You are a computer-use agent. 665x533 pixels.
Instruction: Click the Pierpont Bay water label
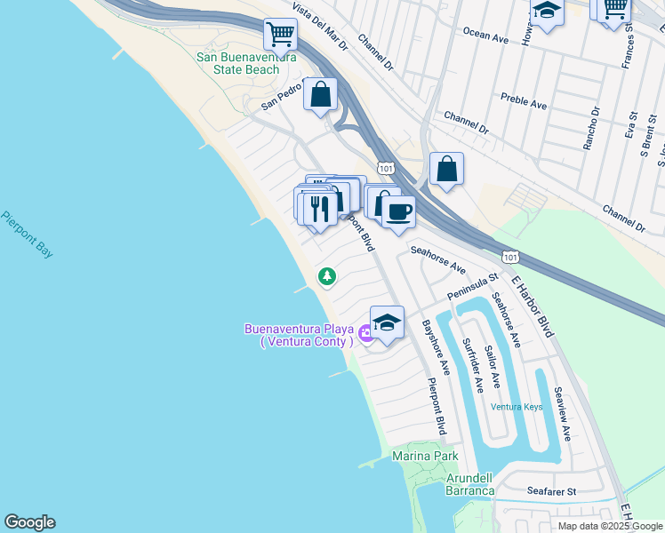pyautogui.click(x=27, y=234)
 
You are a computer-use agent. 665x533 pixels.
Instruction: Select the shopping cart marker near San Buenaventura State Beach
pyautogui.click(x=280, y=36)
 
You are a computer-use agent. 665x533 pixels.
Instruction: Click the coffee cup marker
pyautogui.click(x=398, y=211)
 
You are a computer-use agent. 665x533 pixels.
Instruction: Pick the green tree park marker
pyautogui.click(x=327, y=277)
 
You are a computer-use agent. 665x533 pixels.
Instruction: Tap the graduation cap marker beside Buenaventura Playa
pyautogui.click(x=387, y=322)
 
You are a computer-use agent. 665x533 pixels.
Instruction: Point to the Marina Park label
pyautogui.click(x=425, y=456)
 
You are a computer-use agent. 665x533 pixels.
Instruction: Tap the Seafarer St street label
pyautogui.click(x=551, y=490)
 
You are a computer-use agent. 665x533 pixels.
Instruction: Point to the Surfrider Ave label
pyautogui.click(x=472, y=365)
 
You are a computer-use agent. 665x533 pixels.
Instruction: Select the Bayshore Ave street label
pyautogui.click(x=436, y=346)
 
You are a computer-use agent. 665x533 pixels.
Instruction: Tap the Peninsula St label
pyautogui.click(x=473, y=286)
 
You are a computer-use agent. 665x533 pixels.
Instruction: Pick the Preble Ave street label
pyautogui.click(x=524, y=100)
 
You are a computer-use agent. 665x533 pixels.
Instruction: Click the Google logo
pyautogui.click(x=29, y=522)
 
